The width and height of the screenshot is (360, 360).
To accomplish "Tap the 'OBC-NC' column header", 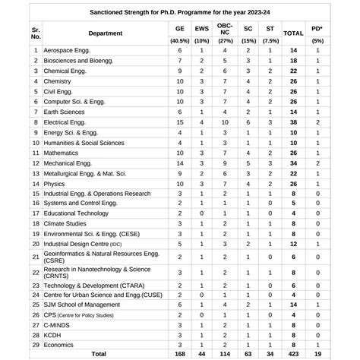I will [x=225, y=30].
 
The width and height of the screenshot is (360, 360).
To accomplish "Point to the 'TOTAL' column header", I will [x=294, y=33].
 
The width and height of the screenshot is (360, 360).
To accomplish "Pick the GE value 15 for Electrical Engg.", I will [x=179, y=121].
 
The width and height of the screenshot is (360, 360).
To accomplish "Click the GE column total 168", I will [x=179, y=354].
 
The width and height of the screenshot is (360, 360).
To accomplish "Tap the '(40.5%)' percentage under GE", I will [x=179, y=40].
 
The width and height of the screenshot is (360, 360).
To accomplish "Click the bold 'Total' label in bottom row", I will [x=99, y=354].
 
